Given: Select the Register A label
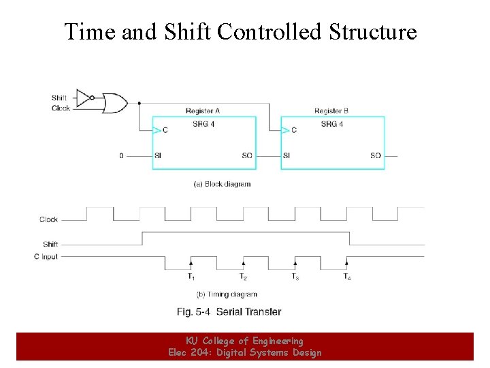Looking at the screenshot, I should [202, 111].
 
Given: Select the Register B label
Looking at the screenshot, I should [331, 111].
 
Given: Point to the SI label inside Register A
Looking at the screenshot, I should [158, 156].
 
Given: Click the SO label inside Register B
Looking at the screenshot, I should [376, 156].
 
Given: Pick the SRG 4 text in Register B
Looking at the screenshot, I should [331, 124].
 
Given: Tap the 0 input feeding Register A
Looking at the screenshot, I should [122, 156].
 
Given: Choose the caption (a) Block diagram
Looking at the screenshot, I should [223, 184].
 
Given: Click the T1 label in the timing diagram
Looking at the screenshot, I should [191, 277].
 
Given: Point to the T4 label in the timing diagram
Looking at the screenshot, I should [347, 277].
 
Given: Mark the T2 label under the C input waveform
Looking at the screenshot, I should [243, 277].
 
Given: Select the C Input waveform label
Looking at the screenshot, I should [46, 257].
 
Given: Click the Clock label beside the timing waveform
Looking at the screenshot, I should [49, 219].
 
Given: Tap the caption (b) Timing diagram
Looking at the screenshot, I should [227, 294].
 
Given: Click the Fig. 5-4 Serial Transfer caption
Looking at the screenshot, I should [229, 311].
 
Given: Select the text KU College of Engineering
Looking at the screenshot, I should [244, 341].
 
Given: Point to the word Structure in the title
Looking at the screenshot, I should [373, 31].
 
